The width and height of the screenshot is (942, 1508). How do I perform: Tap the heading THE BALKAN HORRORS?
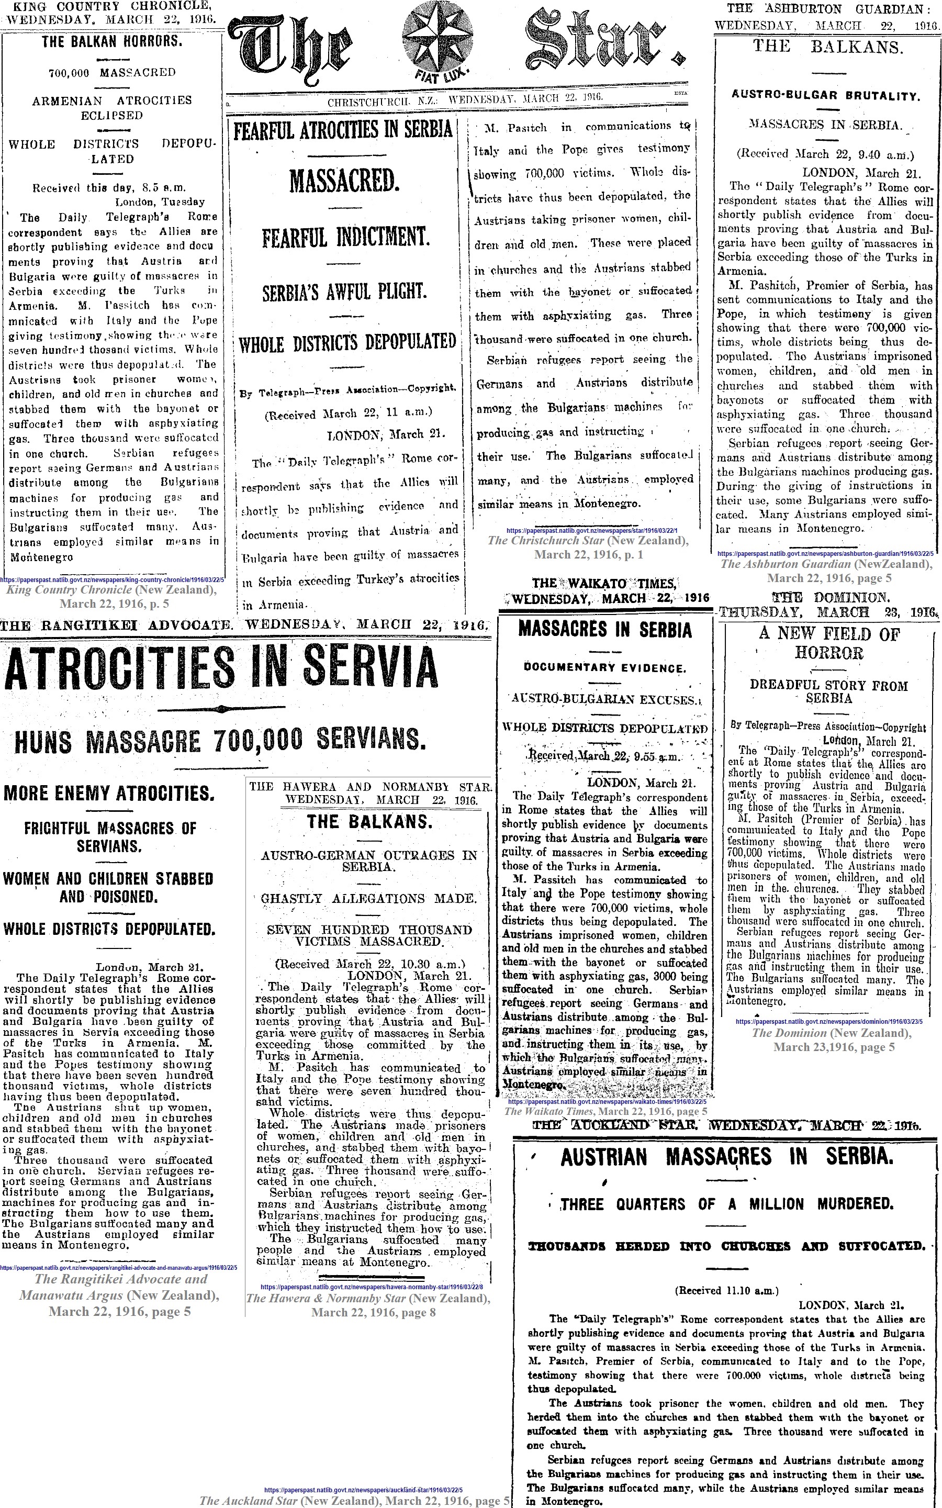coord(112,42)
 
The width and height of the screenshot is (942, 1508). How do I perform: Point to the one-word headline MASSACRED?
coord(343,181)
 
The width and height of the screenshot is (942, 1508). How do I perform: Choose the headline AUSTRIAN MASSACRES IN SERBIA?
coord(726,1158)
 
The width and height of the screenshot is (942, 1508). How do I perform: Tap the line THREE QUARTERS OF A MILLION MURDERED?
coord(726,1203)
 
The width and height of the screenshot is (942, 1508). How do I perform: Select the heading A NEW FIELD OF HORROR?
coord(828,643)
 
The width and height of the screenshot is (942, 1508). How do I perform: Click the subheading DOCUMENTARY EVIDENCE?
coord(605,667)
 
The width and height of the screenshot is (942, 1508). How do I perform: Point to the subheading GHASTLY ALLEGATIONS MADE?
coord(369,898)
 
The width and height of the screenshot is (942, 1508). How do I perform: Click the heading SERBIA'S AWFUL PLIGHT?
coord(344,292)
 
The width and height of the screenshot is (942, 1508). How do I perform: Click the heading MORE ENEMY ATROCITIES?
coord(109,794)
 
